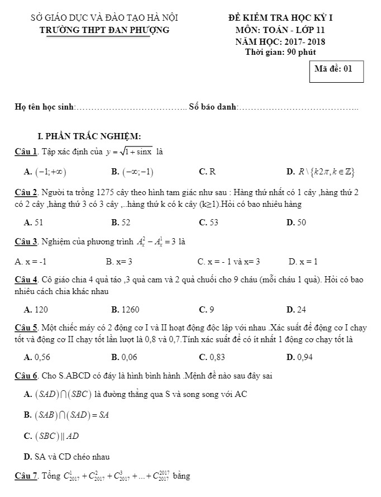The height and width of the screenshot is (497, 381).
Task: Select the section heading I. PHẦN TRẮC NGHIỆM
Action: (x=89, y=136)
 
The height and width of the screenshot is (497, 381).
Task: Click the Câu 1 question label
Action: (x=26, y=152)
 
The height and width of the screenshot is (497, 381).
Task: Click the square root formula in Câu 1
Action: (x=130, y=152)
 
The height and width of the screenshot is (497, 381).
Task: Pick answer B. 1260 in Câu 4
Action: (x=125, y=309)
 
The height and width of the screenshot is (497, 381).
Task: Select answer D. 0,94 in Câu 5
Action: (x=299, y=357)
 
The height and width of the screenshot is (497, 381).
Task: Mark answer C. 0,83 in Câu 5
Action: (x=212, y=357)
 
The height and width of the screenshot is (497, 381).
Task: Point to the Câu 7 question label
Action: (x=26, y=476)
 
